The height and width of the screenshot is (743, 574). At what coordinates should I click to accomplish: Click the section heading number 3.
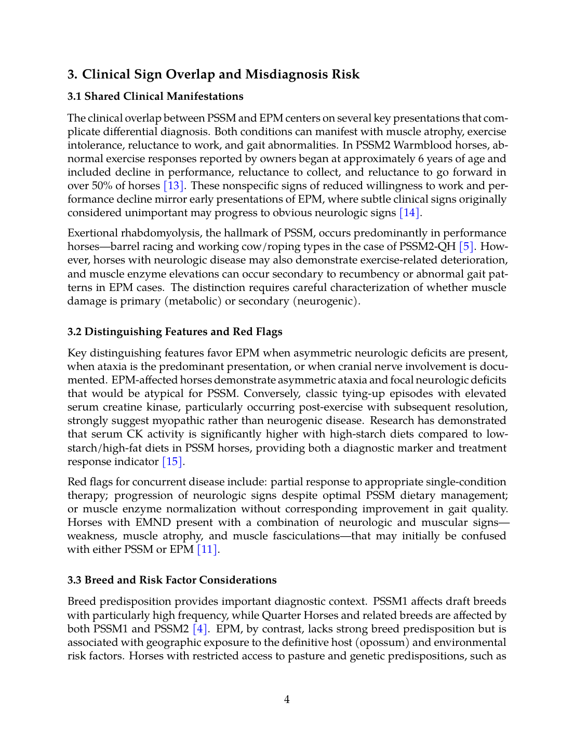point(72,74)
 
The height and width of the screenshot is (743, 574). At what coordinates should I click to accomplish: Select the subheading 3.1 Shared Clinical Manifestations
point(155,96)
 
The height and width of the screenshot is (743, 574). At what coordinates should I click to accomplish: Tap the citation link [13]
point(173,186)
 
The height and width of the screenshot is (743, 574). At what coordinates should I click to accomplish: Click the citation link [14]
point(410,213)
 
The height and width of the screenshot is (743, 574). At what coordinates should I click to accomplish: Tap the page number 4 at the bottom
point(287,700)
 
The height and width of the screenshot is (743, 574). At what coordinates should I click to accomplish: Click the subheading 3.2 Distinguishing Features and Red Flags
point(175,332)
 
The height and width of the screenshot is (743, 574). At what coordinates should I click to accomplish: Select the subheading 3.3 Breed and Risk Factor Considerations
point(172,580)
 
